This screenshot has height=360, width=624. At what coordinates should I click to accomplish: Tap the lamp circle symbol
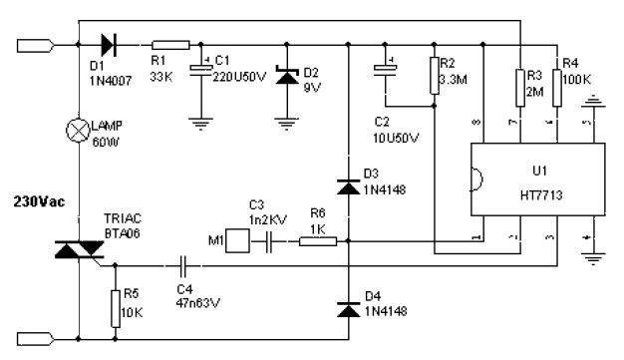click(x=80, y=129)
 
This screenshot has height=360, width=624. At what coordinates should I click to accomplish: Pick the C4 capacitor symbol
click(x=183, y=266)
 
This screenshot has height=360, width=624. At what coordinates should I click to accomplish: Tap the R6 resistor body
click(x=317, y=239)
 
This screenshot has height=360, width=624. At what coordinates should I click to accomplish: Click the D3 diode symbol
click(x=348, y=185)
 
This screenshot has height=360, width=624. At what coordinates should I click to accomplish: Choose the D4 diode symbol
click(x=348, y=309)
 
